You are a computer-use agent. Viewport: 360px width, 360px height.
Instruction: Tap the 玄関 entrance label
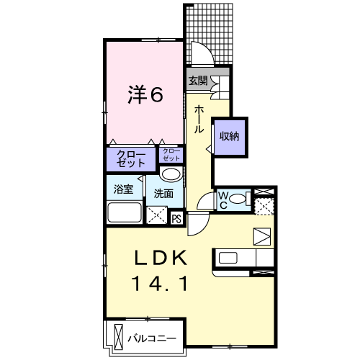(x=198, y=81)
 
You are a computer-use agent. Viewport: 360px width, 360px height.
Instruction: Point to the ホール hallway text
(x=199, y=117)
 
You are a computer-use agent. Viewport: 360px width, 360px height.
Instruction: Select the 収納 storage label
(x=230, y=135)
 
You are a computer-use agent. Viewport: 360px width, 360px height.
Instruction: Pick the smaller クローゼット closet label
(x=171, y=154)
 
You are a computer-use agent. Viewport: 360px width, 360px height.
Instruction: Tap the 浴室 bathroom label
(x=123, y=190)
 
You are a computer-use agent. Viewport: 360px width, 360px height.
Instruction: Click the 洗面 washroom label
(x=163, y=193)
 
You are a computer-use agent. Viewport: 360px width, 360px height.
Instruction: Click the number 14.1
(x=160, y=284)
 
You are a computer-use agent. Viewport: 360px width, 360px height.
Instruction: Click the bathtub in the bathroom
(x=125, y=214)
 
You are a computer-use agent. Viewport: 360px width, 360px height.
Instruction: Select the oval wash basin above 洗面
(x=171, y=175)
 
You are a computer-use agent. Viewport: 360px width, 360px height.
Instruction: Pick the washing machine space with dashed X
(x=156, y=215)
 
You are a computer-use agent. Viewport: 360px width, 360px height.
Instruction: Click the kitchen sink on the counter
(x=229, y=257)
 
